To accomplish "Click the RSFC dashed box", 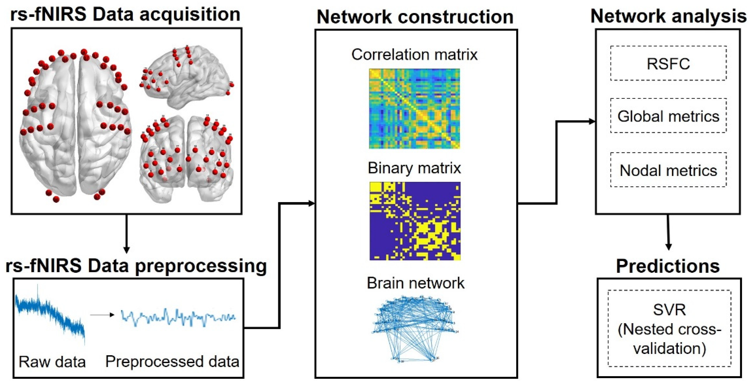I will click(668, 63).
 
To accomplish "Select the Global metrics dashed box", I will click(668, 116).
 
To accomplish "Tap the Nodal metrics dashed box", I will click(668, 170).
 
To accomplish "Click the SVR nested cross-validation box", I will click(669, 328).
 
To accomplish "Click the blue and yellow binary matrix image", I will click(415, 221).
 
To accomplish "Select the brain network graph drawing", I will click(415, 329).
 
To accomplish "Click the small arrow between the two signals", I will click(102, 315).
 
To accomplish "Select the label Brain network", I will click(416, 283).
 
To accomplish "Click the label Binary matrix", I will click(414, 168).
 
